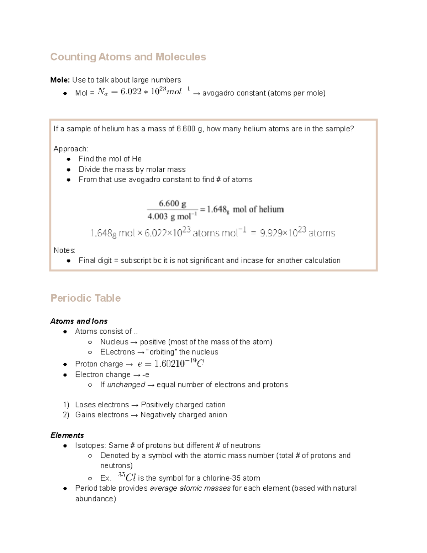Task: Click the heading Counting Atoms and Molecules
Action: coord(128,57)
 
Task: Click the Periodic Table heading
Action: coord(85,298)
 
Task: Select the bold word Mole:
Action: coord(60,80)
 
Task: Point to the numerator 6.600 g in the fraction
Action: coord(172,204)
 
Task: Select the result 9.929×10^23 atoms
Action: coord(297,233)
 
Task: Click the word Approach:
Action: coord(71,149)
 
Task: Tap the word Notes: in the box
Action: coord(64,250)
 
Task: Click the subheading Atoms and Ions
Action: coord(79,321)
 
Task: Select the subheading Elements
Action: coord(67,435)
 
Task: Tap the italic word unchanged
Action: coord(126,385)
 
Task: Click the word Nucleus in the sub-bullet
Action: coord(114,342)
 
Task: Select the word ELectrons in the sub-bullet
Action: coord(117,352)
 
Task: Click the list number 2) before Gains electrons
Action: coord(66,415)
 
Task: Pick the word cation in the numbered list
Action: coord(215,405)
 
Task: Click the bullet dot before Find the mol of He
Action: coord(69,159)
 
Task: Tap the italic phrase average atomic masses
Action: coord(190,488)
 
